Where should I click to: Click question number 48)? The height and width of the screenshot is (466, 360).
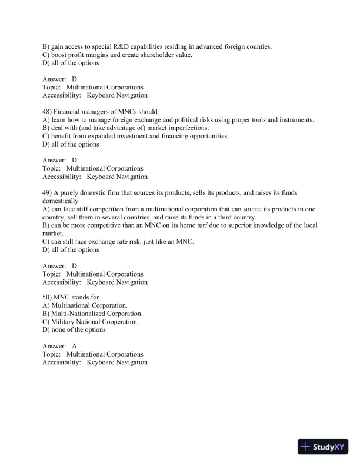(x=48, y=112)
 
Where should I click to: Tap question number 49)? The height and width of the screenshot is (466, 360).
(x=48, y=192)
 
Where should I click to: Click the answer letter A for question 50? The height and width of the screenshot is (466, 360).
(x=75, y=346)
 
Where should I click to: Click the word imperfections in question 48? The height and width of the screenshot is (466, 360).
(x=188, y=128)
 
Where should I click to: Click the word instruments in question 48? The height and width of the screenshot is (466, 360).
(x=295, y=119)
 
